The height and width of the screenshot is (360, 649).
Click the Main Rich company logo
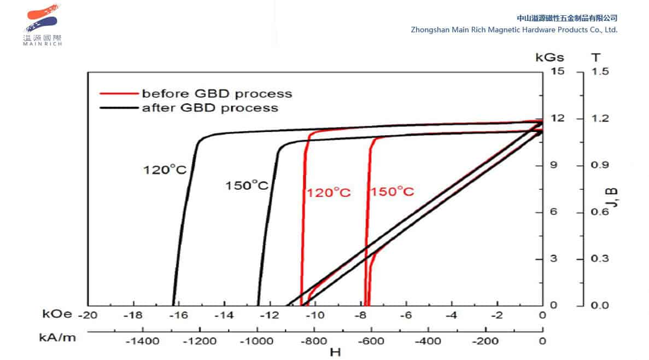(x=42, y=25)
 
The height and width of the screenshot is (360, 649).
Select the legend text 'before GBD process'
(x=217, y=94)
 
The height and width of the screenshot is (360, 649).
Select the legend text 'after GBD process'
(x=210, y=108)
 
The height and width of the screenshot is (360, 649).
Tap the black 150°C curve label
(x=247, y=185)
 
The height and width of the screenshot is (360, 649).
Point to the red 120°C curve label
(x=328, y=193)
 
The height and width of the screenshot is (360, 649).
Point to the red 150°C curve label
(x=392, y=192)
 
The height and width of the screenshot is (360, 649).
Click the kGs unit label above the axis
(x=549, y=57)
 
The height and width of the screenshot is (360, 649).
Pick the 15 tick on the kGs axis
(x=558, y=71)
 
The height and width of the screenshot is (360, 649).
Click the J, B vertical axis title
(x=613, y=198)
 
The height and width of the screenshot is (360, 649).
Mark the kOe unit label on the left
(x=56, y=315)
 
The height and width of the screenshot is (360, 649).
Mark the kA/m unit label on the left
(x=57, y=338)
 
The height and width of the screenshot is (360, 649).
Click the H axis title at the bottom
(x=335, y=352)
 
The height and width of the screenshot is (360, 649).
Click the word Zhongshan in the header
(x=430, y=30)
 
